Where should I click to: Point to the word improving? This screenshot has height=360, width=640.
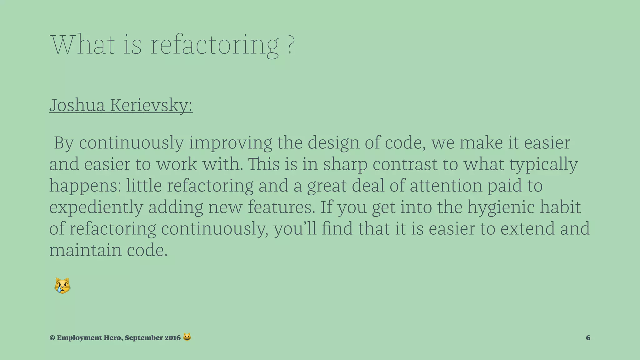pyautogui.click(x=230, y=143)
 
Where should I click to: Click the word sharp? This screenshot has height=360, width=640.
pyautogui.click(x=345, y=165)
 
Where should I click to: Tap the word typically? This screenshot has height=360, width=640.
pyautogui.click(x=544, y=165)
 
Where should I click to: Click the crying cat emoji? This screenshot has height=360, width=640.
pyautogui.click(x=62, y=286)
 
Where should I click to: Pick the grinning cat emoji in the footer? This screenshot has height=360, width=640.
pyautogui.click(x=187, y=337)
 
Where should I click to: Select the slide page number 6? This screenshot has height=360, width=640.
pyautogui.click(x=588, y=338)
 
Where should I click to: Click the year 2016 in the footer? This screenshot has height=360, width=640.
pyautogui.click(x=172, y=338)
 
